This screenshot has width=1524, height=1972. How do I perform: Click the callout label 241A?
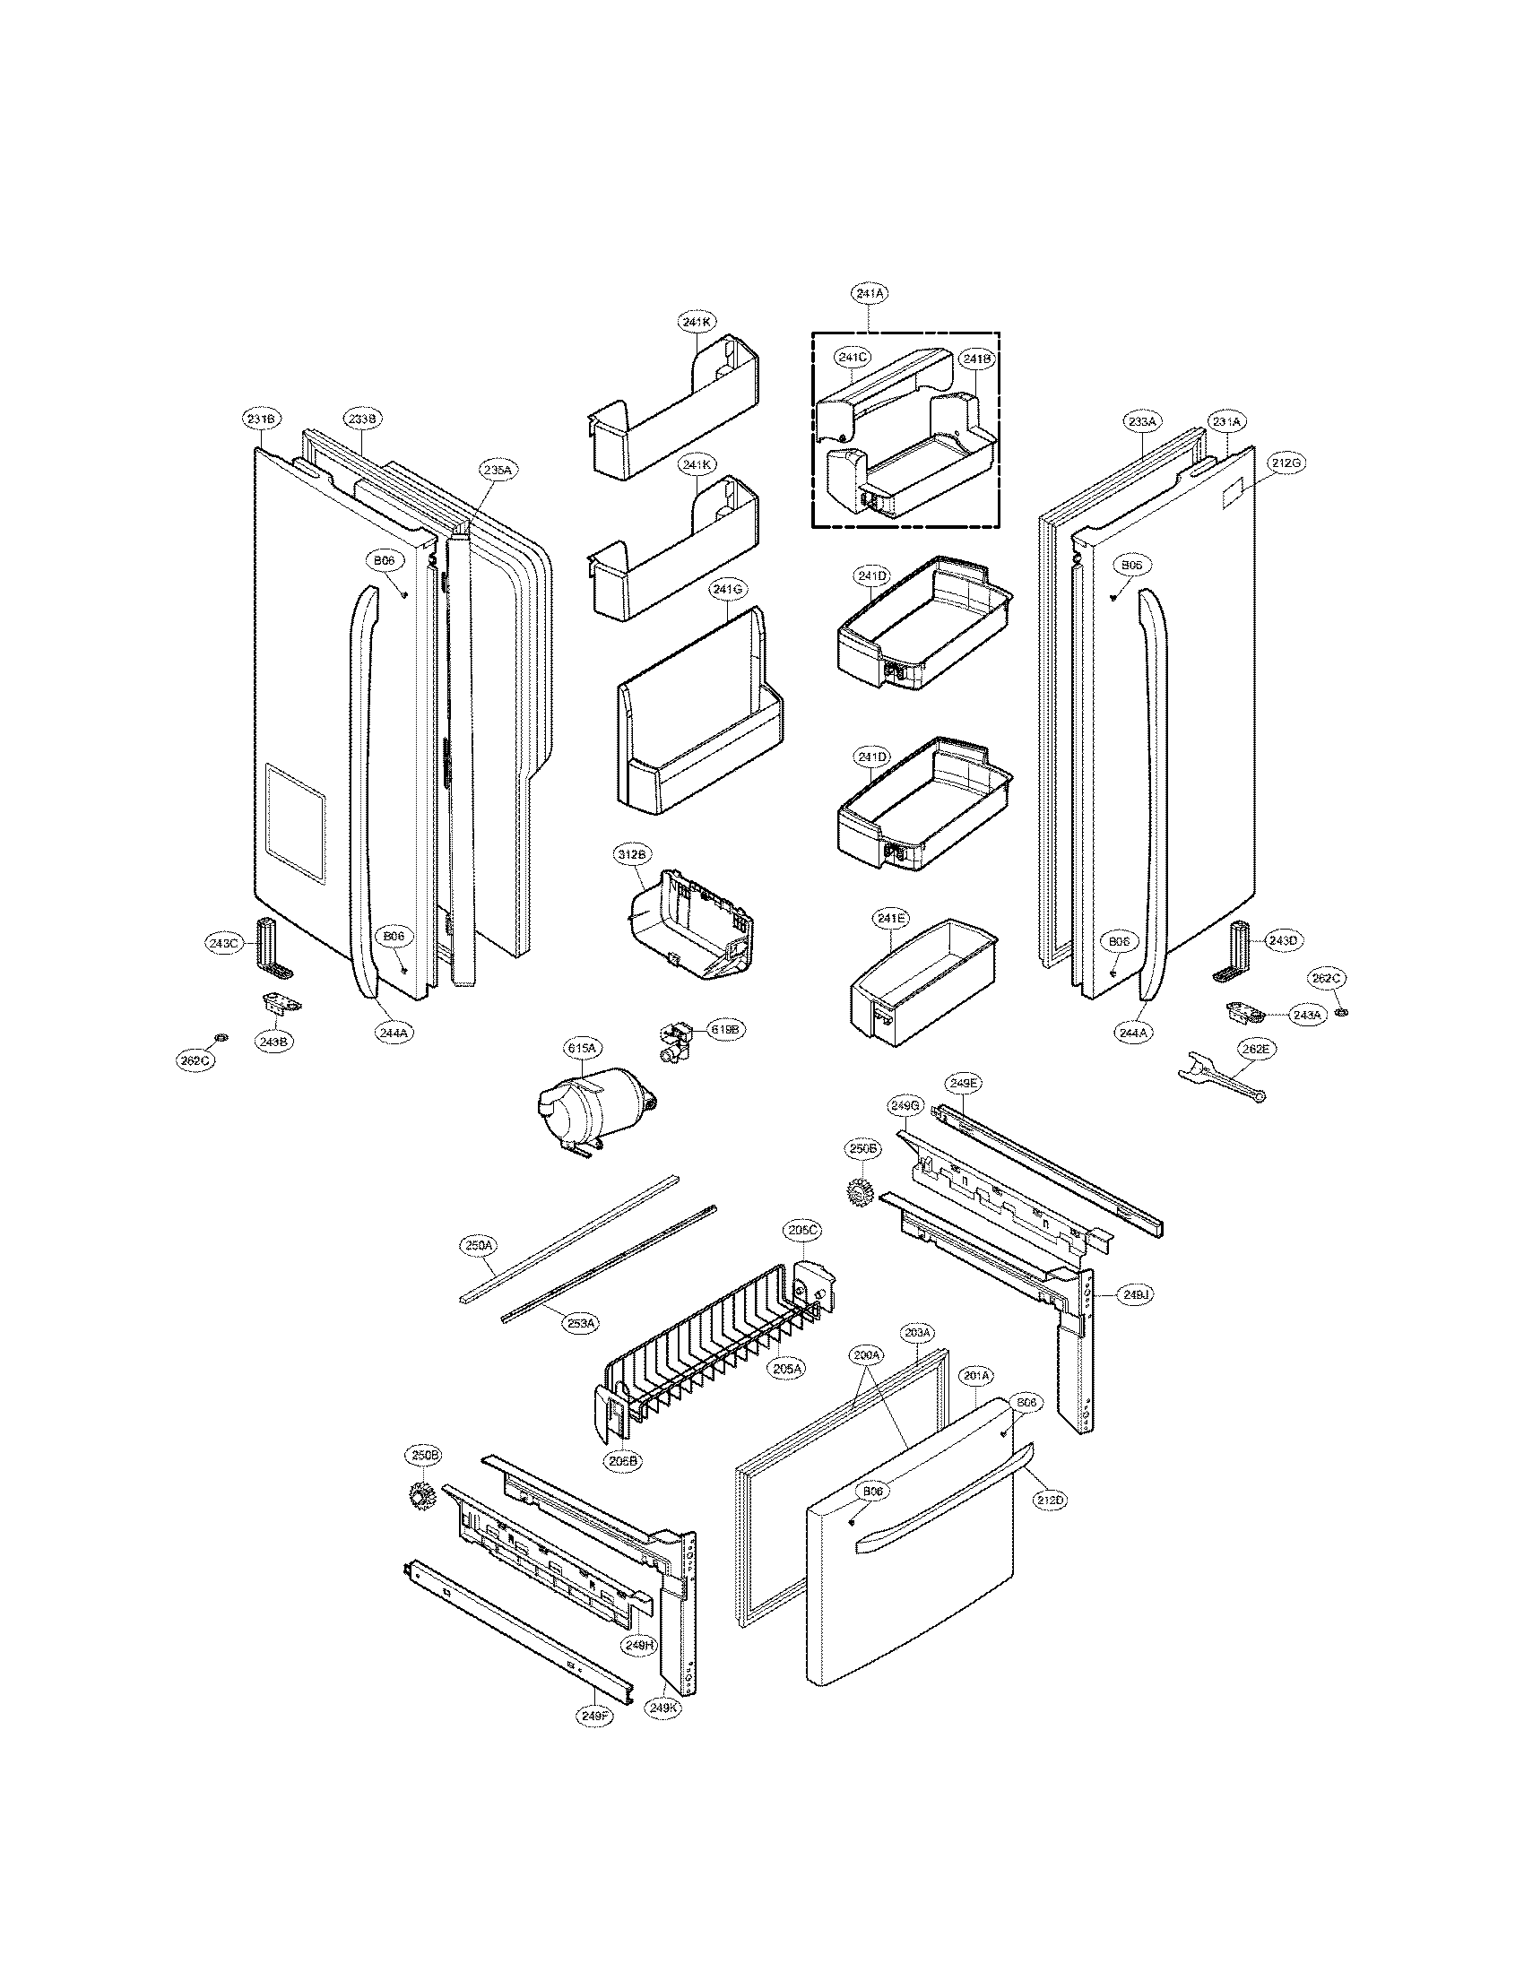pos(869,293)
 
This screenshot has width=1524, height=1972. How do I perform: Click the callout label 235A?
pos(497,470)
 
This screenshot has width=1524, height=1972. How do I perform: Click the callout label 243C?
pos(221,944)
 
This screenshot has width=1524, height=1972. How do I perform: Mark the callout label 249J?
pos(1135,1293)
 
